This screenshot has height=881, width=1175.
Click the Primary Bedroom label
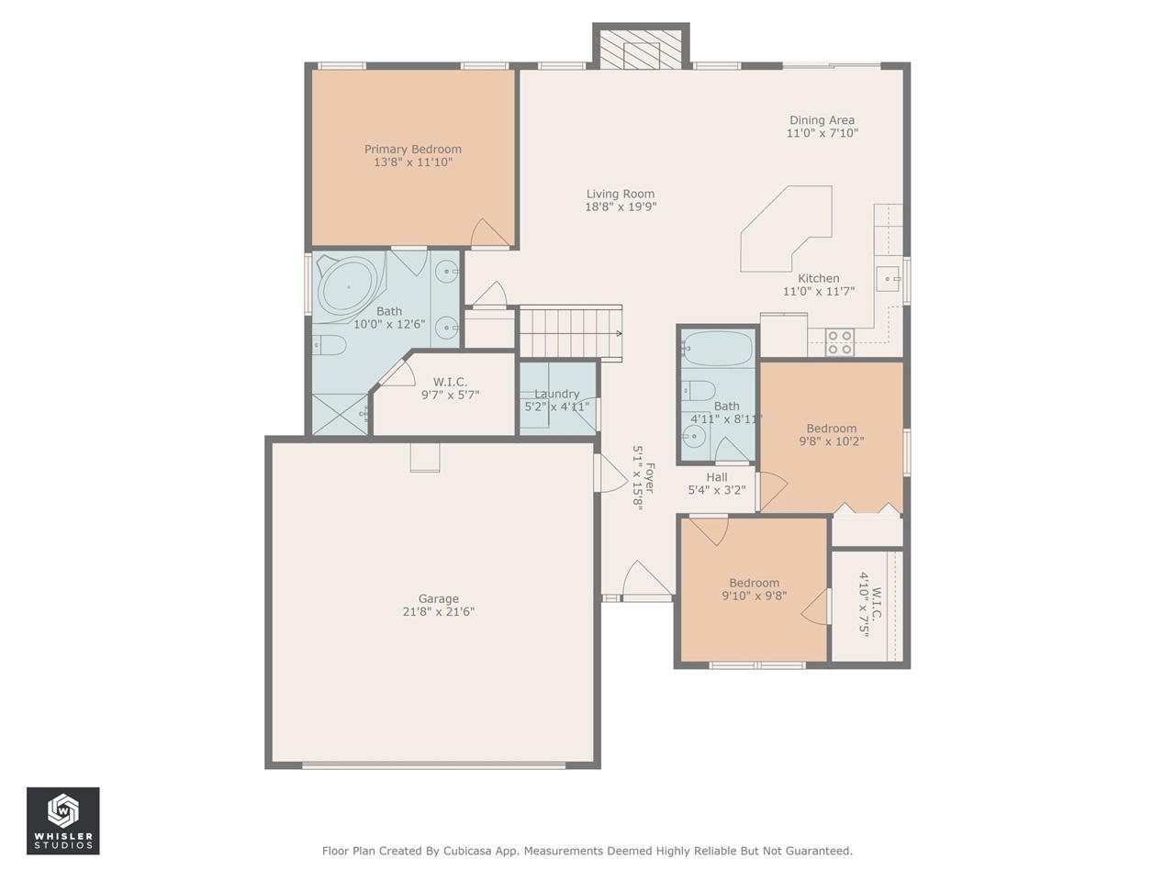click(412, 150)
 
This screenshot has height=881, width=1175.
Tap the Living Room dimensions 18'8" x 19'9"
click(621, 207)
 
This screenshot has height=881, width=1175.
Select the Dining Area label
click(822, 120)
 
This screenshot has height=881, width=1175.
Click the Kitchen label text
click(818, 279)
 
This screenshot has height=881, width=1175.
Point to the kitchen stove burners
click(840, 342)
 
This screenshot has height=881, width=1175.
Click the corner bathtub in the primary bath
click(348, 286)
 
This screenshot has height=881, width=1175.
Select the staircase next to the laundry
click(570, 332)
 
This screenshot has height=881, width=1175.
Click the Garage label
click(438, 599)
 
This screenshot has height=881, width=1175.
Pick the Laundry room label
click(557, 395)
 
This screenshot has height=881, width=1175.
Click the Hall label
click(717, 477)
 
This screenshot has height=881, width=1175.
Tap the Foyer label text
click(649, 478)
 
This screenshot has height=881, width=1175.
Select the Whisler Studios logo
click(63, 820)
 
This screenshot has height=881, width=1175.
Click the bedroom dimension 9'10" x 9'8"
click(754, 596)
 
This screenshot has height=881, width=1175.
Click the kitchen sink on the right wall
click(889, 275)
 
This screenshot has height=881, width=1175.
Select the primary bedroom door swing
click(488, 233)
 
